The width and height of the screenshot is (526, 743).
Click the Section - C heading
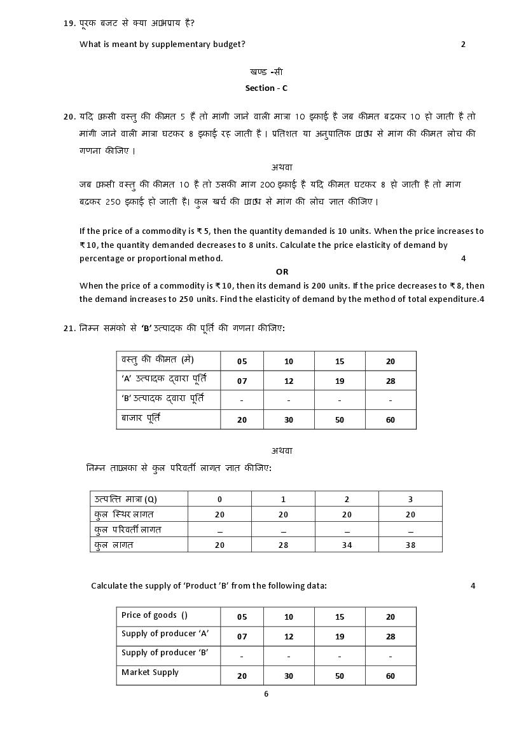pyautogui.click(x=266, y=88)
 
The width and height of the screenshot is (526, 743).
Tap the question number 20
pyautogui.click(x=69, y=117)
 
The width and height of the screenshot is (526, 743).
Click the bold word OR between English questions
pyautogui.click(x=282, y=272)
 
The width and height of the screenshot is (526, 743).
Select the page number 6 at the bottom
pyautogui.click(x=266, y=694)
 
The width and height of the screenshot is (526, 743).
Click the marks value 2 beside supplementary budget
pyautogui.click(x=463, y=44)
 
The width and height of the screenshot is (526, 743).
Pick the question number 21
pyautogui.click(x=69, y=329)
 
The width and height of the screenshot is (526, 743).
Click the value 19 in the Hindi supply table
pyautogui.click(x=340, y=381)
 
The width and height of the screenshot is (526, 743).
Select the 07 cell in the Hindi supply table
pyautogui.click(x=242, y=381)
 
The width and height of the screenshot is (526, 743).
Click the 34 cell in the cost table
pyautogui.click(x=347, y=545)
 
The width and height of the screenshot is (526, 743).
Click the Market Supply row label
pyautogui.click(x=150, y=672)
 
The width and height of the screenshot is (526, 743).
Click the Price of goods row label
pyautogui.click(x=154, y=615)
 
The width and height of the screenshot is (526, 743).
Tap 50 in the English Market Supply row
pyautogui.click(x=340, y=676)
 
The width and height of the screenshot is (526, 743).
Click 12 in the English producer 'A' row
pyautogui.click(x=289, y=637)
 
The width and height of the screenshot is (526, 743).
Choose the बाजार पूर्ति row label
pyautogui.click(x=141, y=419)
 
